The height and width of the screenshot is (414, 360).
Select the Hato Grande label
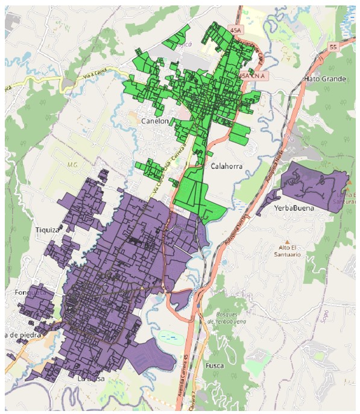(x=326, y=79)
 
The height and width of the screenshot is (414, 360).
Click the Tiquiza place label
(x=47, y=230)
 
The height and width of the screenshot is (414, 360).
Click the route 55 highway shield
(x=333, y=46)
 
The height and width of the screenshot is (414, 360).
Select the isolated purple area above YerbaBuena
(x=311, y=184)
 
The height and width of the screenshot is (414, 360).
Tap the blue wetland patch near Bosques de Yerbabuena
(x=171, y=338)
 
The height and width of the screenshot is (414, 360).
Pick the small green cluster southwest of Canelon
(x=152, y=169)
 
